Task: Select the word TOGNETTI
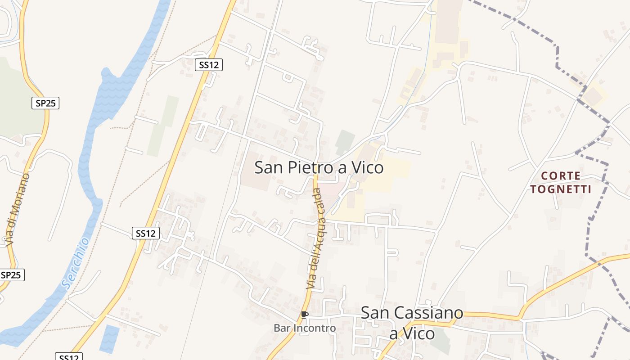pyautogui.click(x=560, y=189)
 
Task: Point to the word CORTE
pyautogui.click(x=561, y=175)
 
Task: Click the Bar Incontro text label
pyautogui.click(x=305, y=328)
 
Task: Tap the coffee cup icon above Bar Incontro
pyautogui.click(x=305, y=315)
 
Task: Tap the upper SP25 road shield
pyautogui.click(x=45, y=103)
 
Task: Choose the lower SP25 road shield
pyautogui.click(x=11, y=275)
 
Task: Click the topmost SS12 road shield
pyautogui.click(x=209, y=65)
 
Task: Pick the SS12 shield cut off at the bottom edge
pyautogui.click(x=69, y=356)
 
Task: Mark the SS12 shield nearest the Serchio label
pyautogui.click(x=146, y=233)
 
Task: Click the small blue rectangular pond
pyautogui.click(x=109, y=338)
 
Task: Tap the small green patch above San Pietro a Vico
pyautogui.click(x=345, y=142)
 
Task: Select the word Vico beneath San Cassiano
pyautogui.click(x=413, y=334)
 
